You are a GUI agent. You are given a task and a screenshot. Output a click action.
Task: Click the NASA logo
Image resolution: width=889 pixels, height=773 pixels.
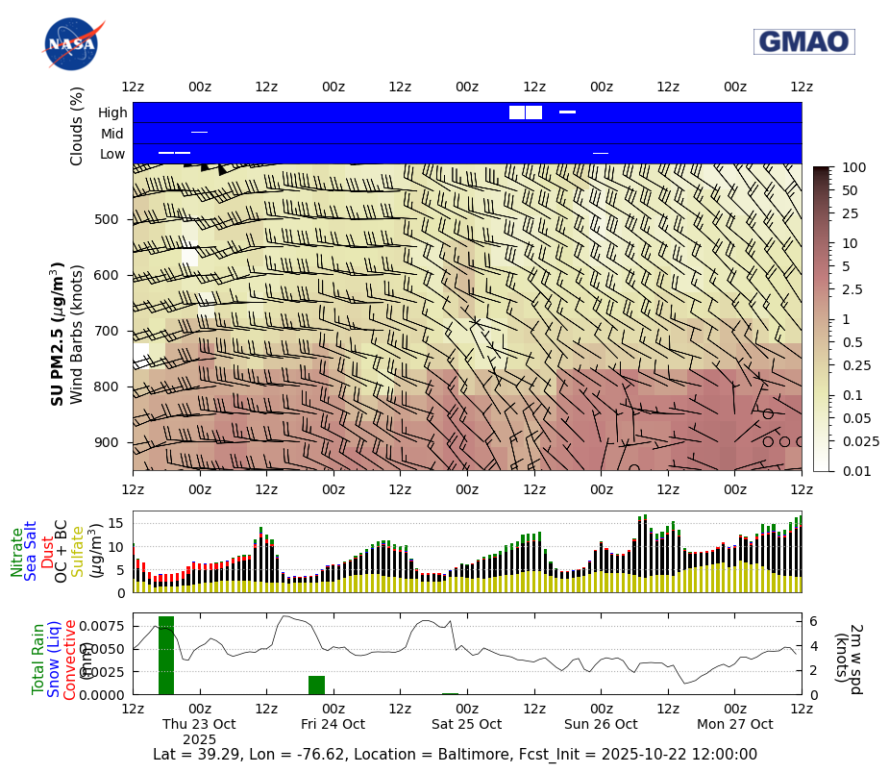tap(70, 43)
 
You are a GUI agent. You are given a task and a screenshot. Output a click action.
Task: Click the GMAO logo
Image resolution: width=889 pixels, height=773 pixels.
tap(803, 41)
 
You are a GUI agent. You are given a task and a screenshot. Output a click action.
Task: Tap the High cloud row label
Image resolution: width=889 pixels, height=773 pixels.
tap(112, 112)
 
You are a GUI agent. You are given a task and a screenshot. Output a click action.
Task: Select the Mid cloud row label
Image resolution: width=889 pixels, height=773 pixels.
tap(112, 134)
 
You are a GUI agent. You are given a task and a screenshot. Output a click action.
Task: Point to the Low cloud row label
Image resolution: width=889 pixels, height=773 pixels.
tap(112, 154)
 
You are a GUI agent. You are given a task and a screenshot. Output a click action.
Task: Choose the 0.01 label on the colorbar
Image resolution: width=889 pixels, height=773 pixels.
tap(853, 471)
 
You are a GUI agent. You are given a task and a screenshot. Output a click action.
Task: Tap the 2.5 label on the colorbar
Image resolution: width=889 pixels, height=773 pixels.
tap(852, 289)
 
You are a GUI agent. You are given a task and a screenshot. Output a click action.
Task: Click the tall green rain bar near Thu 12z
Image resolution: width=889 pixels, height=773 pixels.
tap(166, 655)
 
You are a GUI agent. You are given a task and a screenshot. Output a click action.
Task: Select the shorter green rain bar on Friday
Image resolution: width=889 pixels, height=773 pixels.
tap(316, 685)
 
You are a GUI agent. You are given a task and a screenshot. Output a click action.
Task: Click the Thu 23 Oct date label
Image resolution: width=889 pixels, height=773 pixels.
tap(199, 724)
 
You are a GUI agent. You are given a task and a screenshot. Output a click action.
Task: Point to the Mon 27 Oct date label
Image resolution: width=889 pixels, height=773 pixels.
tap(735, 724)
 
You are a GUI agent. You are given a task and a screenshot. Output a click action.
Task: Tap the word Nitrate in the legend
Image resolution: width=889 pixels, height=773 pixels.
tap(17, 552)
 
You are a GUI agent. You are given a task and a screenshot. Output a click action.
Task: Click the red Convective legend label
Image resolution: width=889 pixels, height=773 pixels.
tap(70, 660)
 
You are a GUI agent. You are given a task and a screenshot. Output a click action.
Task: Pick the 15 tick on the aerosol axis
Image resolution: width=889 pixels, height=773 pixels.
tap(116, 523)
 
